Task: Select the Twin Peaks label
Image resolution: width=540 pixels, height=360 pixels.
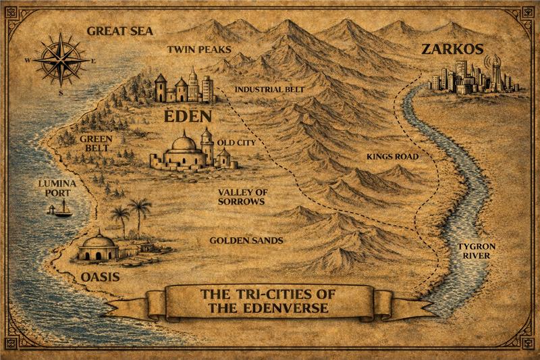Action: click(199, 49)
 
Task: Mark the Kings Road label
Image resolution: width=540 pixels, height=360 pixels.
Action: click(393, 157)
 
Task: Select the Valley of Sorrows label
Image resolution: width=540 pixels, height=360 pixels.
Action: click(241, 197)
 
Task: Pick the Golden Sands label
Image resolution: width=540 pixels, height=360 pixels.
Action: click(246, 240)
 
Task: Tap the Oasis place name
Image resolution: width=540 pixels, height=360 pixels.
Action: click(99, 277)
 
